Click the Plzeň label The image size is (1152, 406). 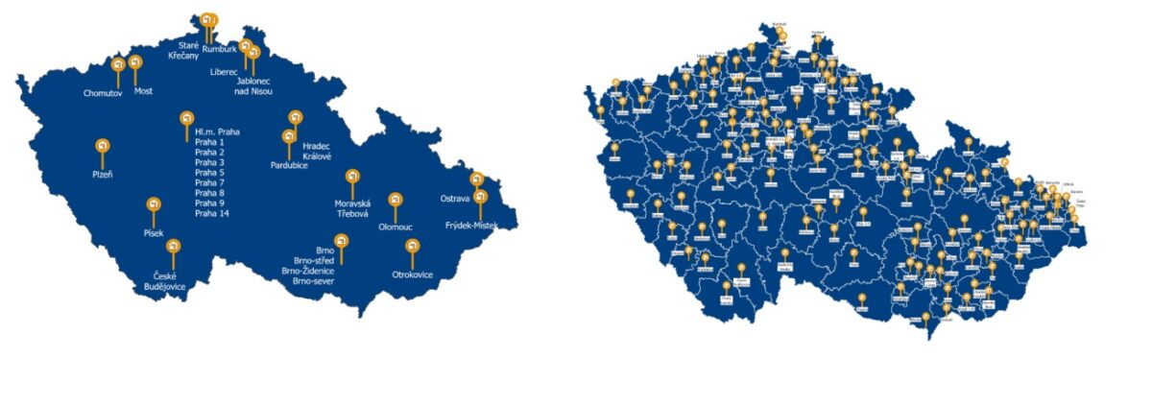(102, 174)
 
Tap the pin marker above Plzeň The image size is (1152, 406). (103, 147)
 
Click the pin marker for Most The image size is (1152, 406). (134, 64)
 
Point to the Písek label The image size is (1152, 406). (154, 233)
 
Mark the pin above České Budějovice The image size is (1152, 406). (174, 247)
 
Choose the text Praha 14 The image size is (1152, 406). (212, 213)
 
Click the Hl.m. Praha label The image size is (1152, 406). (215, 131)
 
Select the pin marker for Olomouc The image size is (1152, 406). (394, 201)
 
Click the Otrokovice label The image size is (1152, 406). (413, 275)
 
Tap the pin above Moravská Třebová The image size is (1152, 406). (352, 178)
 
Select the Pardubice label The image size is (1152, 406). (289, 166)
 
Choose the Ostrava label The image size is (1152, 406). (454, 199)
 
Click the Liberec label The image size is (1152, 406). (224, 72)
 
